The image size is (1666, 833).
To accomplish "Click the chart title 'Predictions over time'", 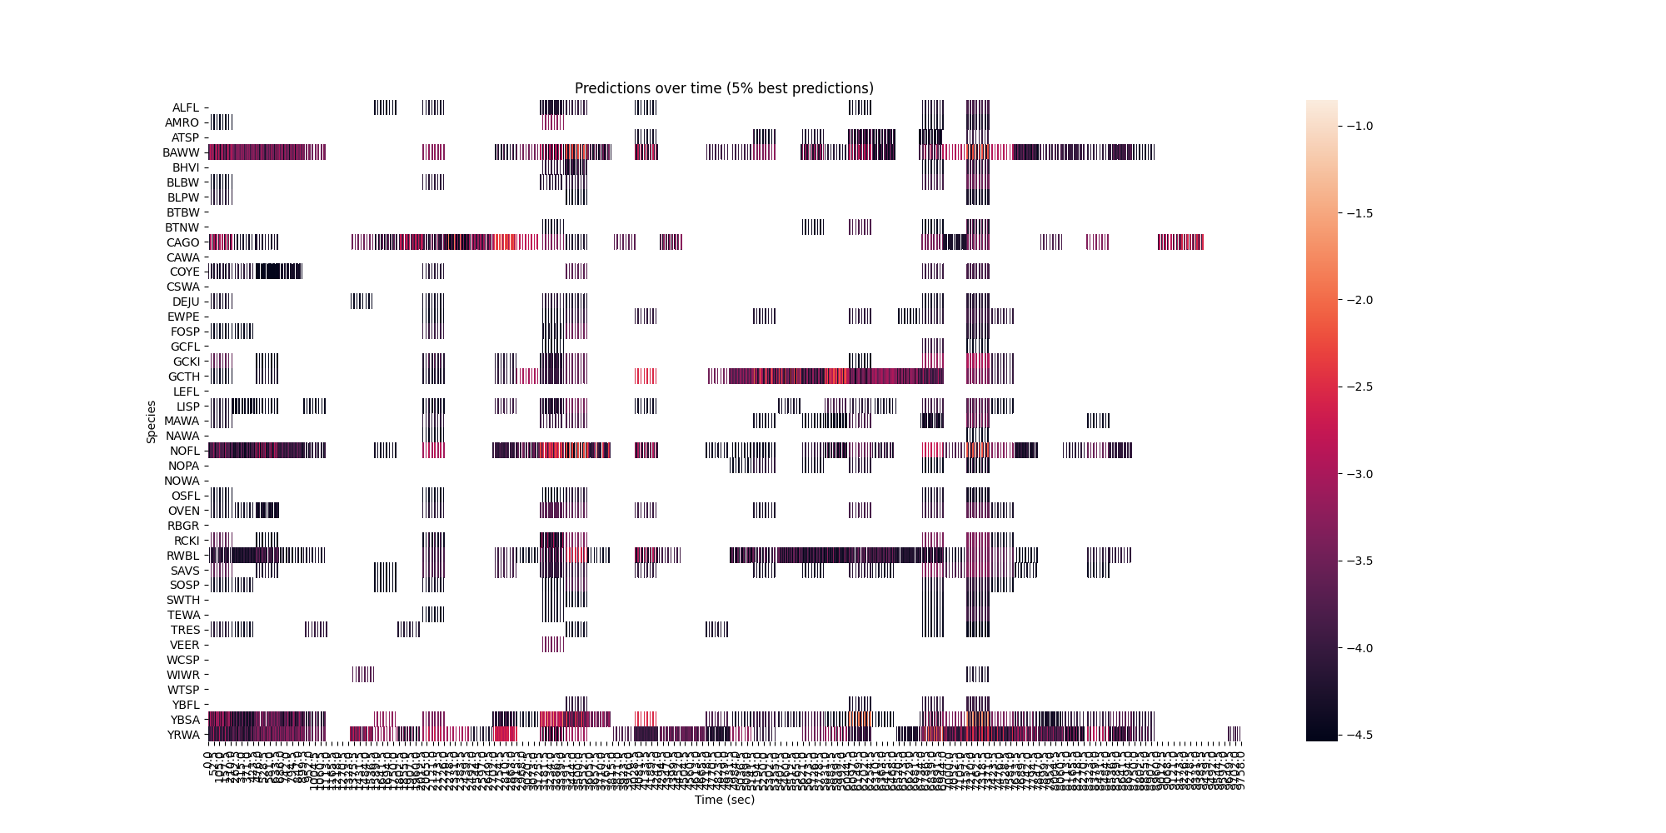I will [x=724, y=88].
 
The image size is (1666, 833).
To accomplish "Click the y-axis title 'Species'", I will [x=152, y=421].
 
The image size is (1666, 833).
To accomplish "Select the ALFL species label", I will [x=186, y=107].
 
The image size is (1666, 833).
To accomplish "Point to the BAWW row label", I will [x=182, y=152].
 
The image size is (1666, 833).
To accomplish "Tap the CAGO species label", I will [x=183, y=242].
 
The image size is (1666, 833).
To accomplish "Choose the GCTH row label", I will [x=183, y=377].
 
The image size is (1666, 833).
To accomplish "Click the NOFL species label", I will [x=185, y=451].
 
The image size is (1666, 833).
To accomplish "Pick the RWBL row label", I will [x=183, y=556].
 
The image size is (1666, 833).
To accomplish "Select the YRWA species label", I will [x=183, y=735].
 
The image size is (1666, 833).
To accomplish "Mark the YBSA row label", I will [x=185, y=720].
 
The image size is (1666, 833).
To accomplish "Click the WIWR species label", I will [x=183, y=675].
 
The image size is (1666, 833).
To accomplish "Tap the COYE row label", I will [x=185, y=272].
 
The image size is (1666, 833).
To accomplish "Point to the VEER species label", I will [x=185, y=645].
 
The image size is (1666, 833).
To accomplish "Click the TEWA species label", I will [x=184, y=615].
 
